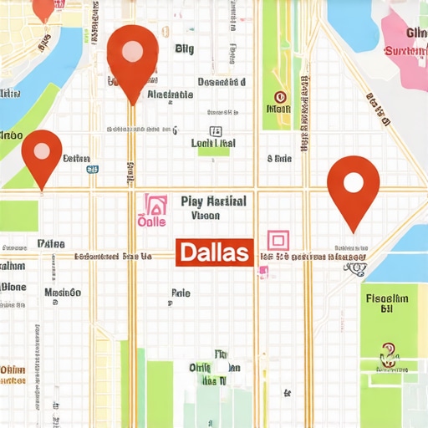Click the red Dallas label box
pos(214,252)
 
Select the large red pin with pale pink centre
pos(133,59)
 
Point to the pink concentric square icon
pos(278,241)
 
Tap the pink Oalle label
pos(152,222)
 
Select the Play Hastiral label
pos(213,201)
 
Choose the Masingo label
pos(63,293)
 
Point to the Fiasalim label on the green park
pos(386,298)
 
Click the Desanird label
pos(222,82)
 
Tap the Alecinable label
pos(170,95)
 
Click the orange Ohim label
pos(13,369)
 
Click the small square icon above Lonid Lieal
pos(216,130)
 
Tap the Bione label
pos(13,286)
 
